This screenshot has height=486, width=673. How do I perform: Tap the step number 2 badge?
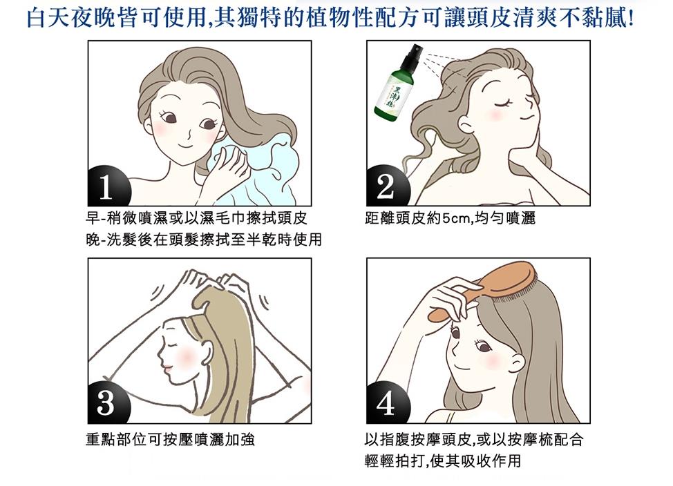386,186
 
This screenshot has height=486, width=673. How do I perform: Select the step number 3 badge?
107,402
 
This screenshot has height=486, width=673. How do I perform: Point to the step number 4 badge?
386,402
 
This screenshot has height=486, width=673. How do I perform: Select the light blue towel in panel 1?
253,172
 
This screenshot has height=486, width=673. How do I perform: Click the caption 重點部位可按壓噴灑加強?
171,439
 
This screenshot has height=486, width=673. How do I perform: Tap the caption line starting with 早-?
196,218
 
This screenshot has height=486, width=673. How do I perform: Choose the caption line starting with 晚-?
203,240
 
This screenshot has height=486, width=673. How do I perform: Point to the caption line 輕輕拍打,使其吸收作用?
442,460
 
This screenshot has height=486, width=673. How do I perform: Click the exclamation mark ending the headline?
630,19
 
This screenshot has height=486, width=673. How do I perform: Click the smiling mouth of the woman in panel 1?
185,146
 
